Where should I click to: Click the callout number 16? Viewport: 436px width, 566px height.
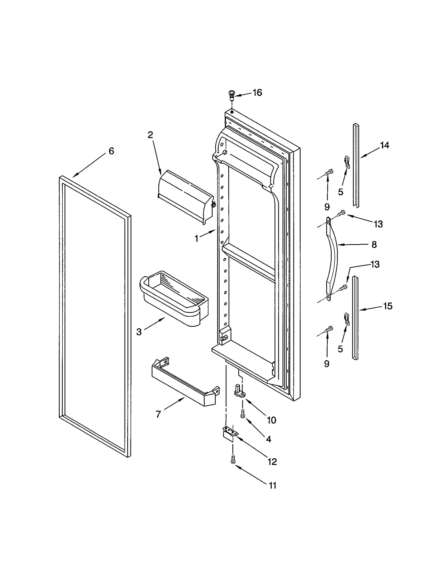point(257,93)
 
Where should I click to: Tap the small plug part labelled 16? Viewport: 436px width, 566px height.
point(231,94)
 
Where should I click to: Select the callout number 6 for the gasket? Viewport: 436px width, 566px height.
point(111,151)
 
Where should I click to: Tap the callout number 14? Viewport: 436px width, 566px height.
point(384,145)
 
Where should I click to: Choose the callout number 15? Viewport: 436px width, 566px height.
point(387,306)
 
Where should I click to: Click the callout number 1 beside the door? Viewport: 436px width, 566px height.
point(196,239)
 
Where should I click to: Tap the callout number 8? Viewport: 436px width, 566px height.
point(374,245)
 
